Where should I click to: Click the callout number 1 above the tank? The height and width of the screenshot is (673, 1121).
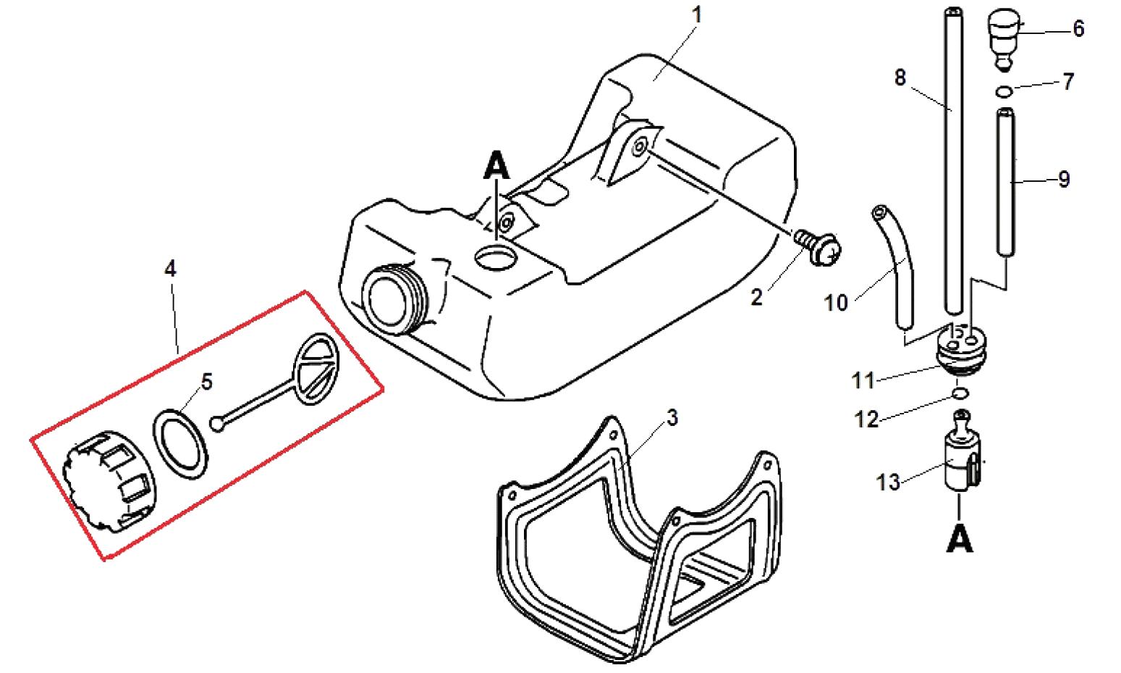697,15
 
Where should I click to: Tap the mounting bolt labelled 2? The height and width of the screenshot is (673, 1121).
818,248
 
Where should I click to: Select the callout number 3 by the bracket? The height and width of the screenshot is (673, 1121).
672,417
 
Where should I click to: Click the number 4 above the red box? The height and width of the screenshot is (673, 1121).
171,269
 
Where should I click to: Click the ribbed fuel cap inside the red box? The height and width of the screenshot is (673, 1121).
109,480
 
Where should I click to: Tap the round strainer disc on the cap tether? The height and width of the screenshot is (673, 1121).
316,369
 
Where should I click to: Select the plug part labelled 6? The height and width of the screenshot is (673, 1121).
1004,40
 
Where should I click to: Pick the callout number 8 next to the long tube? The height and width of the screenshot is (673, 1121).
900,78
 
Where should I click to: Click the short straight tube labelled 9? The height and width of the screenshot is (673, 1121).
1005,182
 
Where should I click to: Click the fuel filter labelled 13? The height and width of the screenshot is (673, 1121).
963,451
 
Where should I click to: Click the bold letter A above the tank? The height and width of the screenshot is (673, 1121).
496,165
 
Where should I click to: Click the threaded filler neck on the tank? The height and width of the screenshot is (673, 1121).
395,300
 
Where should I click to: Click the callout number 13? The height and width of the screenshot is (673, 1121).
889,482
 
